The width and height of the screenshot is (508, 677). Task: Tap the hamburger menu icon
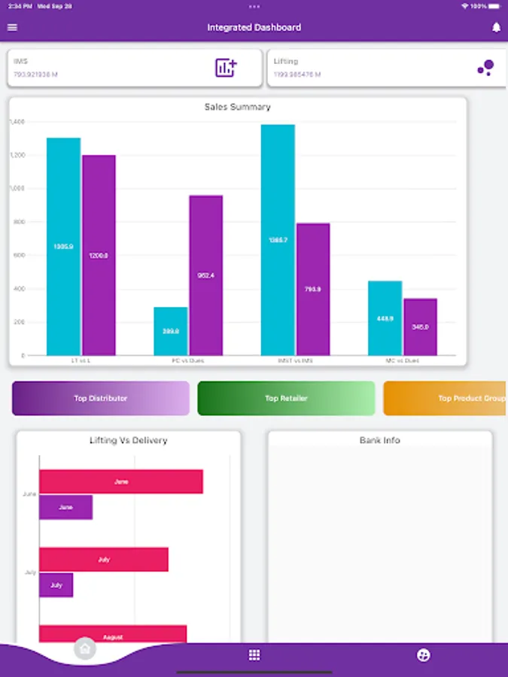tap(12, 28)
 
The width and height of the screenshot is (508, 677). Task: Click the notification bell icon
tap(496, 28)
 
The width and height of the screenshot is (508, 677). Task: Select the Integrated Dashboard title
tap(254, 28)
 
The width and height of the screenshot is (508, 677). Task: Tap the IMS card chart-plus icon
tap(226, 68)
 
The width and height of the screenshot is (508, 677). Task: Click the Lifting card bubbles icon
tap(485, 68)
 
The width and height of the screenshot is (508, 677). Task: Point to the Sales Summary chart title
tap(238, 107)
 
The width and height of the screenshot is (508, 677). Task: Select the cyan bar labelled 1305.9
tap(63, 247)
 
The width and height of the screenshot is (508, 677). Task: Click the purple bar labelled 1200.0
tap(99, 256)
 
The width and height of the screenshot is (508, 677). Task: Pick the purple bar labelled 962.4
tap(206, 275)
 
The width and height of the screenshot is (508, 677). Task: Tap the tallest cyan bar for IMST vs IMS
tap(278, 240)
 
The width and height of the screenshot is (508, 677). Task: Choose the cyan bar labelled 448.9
tap(385, 318)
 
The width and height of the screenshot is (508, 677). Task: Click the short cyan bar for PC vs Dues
tap(171, 331)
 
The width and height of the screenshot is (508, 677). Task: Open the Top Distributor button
tap(101, 399)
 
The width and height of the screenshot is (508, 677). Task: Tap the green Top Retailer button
tap(286, 399)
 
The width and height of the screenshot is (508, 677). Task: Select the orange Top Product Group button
tap(446, 399)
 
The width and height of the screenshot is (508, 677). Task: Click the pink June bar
tap(121, 481)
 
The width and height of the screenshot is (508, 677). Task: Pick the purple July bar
tap(56, 585)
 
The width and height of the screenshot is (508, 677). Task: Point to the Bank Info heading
tap(380, 440)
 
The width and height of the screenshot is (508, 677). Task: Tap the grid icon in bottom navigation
tap(254, 655)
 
